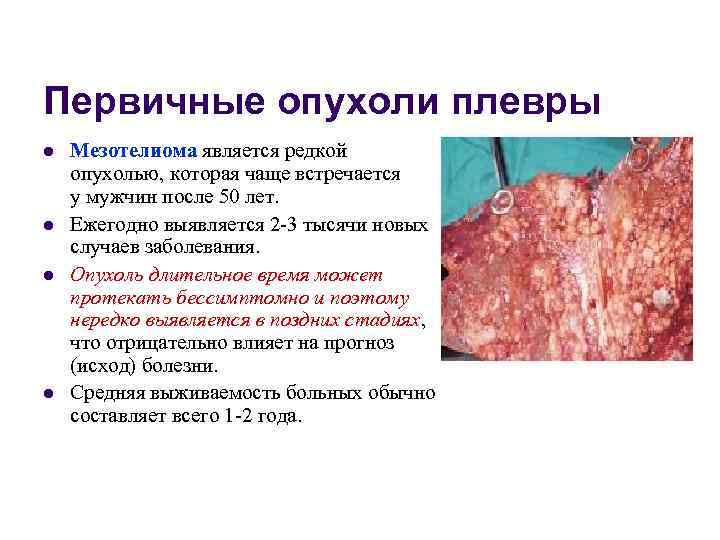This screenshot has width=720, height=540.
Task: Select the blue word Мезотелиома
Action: click(134, 151)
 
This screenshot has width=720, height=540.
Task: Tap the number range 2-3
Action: click(288, 225)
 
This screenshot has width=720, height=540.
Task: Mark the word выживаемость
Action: click(212, 393)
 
